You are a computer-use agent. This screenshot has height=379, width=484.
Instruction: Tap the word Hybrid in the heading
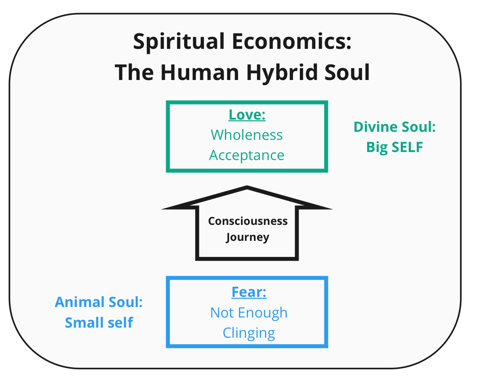[x=278, y=73]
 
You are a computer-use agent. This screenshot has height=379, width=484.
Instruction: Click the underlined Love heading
[x=247, y=115]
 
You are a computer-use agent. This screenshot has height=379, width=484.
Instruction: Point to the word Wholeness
[x=247, y=135]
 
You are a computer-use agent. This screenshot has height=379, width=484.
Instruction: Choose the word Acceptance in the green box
[x=247, y=155]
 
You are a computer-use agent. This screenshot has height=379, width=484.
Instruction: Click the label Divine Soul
[x=394, y=127]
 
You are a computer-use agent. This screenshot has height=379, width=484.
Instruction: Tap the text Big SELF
[x=394, y=147]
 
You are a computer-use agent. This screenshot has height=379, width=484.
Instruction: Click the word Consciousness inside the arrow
[x=248, y=221]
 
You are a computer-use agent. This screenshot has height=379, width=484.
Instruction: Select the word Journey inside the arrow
[x=247, y=237]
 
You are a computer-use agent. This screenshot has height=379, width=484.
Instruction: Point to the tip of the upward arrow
[x=247, y=187]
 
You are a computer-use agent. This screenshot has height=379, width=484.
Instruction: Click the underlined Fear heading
[x=249, y=292]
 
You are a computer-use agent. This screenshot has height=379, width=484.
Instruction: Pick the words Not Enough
[x=249, y=312]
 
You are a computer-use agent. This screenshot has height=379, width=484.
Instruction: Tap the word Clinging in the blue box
[x=249, y=333]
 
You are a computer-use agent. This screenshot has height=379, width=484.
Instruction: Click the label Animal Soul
[x=99, y=302]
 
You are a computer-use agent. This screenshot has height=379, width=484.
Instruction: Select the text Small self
[x=99, y=323]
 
